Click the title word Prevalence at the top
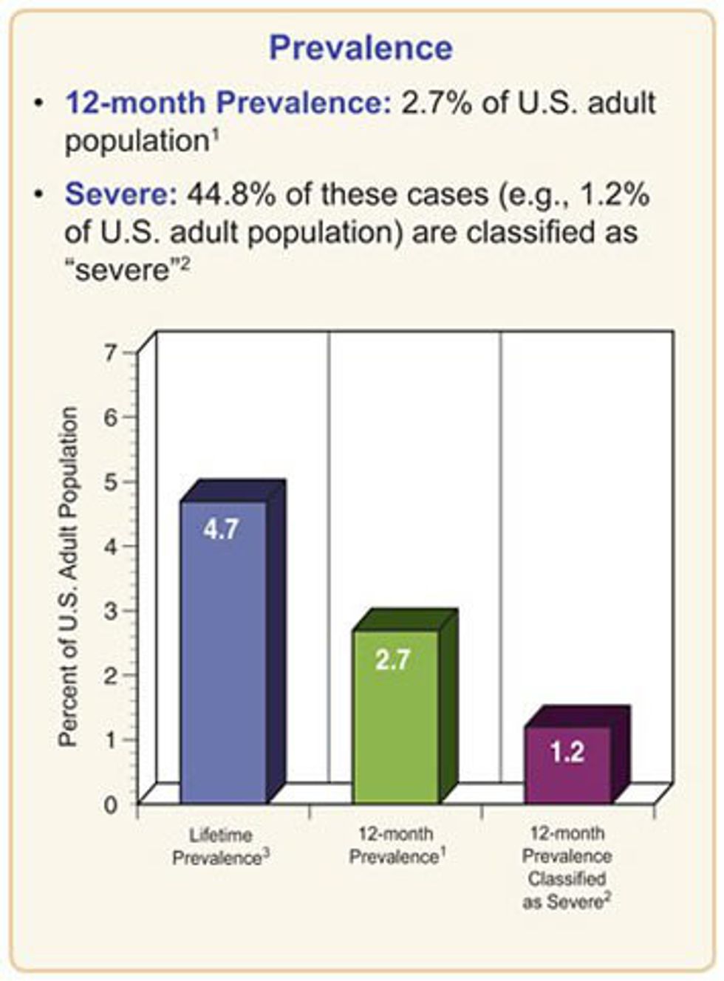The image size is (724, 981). tap(361, 49)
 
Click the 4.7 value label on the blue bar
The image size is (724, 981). tap(222, 529)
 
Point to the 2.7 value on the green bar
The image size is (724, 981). tap(392, 659)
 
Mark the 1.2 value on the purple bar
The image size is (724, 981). tap(567, 752)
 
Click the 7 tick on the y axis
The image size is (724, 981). tap(110, 352)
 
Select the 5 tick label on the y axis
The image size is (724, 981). tap(110, 482)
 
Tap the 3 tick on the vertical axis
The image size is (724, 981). tap(110, 611)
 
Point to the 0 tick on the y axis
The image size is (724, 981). tap(110, 804)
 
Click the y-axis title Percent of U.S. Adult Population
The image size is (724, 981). tap(68, 576)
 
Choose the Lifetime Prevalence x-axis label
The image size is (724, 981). tap(221, 847)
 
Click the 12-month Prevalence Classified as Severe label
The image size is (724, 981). tap(567, 867)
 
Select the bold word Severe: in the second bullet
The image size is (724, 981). tap(121, 195)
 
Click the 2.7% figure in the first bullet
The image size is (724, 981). tap(436, 103)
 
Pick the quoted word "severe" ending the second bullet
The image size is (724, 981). tap(119, 270)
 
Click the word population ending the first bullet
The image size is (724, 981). tap(133, 141)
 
